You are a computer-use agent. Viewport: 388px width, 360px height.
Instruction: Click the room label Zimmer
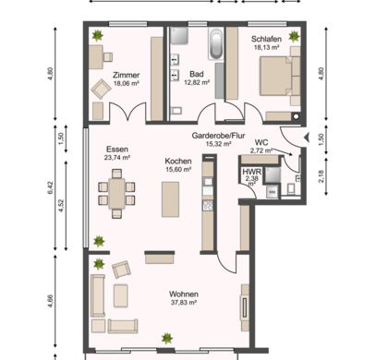click(x=126, y=75)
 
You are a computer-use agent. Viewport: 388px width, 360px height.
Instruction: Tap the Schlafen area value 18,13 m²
click(x=266, y=47)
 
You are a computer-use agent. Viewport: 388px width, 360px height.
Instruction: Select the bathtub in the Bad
click(x=215, y=44)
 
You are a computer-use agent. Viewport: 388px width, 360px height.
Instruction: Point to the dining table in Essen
click(x=116, y=194)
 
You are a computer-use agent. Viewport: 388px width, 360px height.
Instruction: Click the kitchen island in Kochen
click(x=170, y=199)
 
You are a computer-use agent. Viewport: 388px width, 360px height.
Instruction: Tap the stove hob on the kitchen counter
click(x=208, y=205)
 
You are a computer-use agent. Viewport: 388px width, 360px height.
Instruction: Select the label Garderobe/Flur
click(x=218, y=136)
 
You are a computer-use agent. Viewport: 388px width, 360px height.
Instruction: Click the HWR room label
click(x=251, y=172)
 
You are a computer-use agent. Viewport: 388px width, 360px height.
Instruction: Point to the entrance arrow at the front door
click(x=307, y=138)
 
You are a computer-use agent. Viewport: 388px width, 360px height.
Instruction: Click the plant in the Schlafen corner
click(x=294, y=37)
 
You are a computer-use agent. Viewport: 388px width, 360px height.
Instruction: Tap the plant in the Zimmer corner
click(x=98, y=35)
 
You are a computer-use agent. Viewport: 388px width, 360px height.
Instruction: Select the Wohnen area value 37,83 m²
click(x=184, y=303)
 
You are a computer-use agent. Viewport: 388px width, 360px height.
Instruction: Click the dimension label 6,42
click(x=51, y=187)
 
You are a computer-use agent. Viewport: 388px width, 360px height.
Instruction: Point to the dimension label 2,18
click(x=321, y=176)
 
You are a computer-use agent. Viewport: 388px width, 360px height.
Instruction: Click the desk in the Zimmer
click(x=96, y=57)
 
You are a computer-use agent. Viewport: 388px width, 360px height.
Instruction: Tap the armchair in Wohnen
click(x=121, y=270)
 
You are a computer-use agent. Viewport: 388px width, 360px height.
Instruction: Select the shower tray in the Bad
click(x=178, y=36)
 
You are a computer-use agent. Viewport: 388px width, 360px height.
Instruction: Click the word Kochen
click(x=178, y=161)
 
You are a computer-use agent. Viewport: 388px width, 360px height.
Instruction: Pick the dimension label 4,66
click(x=51, y=301)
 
